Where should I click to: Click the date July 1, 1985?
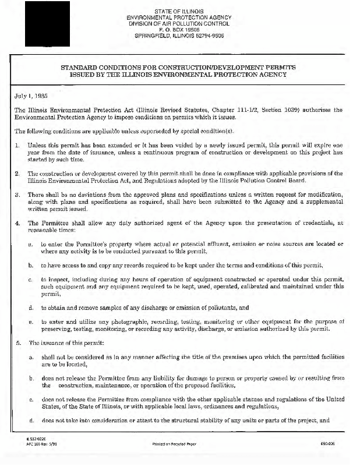[x=31, y=94]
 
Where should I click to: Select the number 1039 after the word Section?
[x=287, y=110]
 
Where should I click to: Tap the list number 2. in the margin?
[x=17, y=174]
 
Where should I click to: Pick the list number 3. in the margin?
[x=17, y=195]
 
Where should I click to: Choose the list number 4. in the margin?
[x=17, y=224]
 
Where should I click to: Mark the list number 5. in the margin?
[x=17, y=343]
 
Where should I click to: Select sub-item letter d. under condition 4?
[x=30, y=307]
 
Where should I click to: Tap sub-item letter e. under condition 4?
[x=30, y=321]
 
